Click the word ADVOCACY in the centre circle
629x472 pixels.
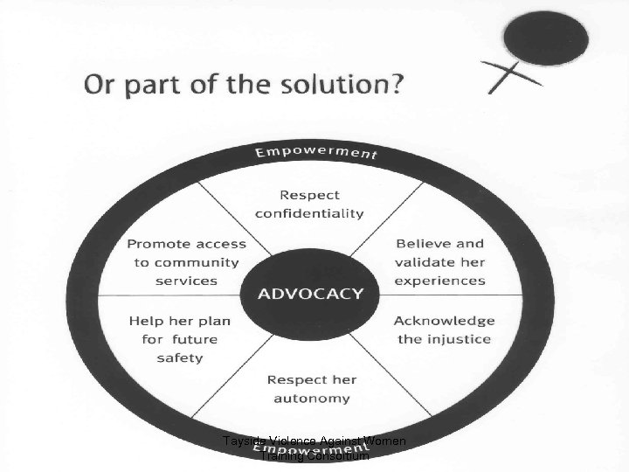pos(309,293)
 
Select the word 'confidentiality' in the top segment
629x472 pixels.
pos(310,214)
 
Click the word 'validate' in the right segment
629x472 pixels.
pos(426,262)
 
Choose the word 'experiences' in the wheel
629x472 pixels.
pos(439,281)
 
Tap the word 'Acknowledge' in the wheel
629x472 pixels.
pos(444,321)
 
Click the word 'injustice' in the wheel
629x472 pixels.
pos(460,339)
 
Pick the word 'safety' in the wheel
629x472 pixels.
pos(179,357)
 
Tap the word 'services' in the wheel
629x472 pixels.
pos(186,281)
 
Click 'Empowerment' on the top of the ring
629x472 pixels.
pos(315,152)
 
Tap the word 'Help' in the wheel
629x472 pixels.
pos(146,321)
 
